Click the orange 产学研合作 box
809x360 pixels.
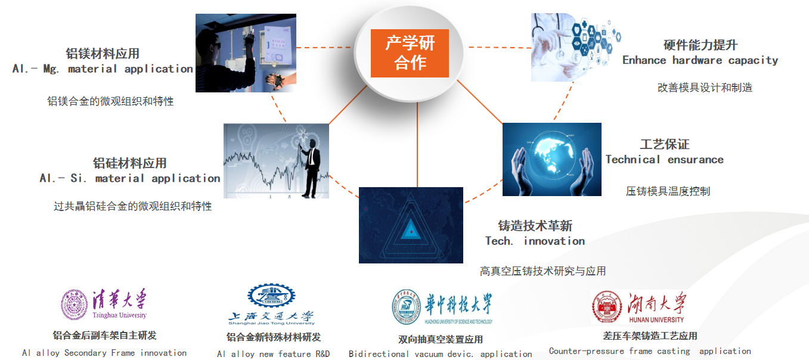[x=410, y=53]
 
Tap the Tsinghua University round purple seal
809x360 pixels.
[x=75, y=305]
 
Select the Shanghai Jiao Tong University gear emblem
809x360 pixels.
[x=271, y=296]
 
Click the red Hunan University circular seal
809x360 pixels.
[x=607, y=306]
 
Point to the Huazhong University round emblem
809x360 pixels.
[x=407, y=307]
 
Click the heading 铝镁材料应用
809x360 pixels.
[x=103, y=54]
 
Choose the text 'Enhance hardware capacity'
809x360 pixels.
[x=700, y=60]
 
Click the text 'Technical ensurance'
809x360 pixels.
[x=665, y=160]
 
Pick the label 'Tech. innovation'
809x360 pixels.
[x=535, y=241]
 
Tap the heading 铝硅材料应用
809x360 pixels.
[x=129, y=163]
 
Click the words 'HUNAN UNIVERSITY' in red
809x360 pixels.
[x=656, y=319]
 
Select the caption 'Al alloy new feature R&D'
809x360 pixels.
[x=274, y=354]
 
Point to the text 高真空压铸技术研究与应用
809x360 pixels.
[x=543, y=271]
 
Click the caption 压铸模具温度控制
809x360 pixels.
[x=668, y=191]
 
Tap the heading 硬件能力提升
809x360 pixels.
[x=700, y=45]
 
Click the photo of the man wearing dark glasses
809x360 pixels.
[x=246, y=52]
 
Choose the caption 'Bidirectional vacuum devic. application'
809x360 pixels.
[x=440, y=354]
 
